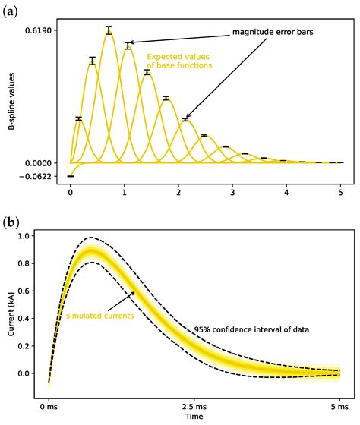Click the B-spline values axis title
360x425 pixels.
12,104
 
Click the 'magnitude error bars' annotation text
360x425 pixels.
271,33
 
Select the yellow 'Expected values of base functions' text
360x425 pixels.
179,61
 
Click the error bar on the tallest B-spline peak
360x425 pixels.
109,30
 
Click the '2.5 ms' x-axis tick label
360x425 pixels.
194,405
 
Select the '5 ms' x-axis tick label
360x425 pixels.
339,405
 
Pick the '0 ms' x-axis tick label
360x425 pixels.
49,405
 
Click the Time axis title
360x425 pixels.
194,417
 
